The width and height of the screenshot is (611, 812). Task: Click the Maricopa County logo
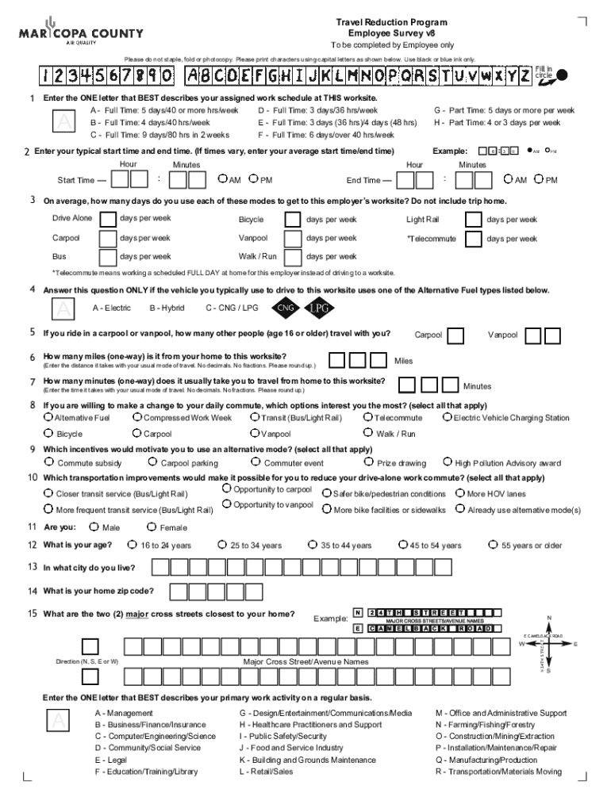click(x=81, y=33)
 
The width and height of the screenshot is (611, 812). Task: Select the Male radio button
click(x=94, y=527)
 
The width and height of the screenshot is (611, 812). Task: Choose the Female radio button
click(x=152, y=527)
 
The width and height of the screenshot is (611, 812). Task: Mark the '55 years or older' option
click(x=494, y=545)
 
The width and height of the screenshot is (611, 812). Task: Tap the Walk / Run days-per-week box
click(x=293, y=256)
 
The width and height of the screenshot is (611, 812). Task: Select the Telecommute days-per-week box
click(x=473, y=238)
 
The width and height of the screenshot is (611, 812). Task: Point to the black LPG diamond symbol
click(x=319, y=308)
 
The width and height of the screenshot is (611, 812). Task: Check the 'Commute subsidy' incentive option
click(x=49, y=462)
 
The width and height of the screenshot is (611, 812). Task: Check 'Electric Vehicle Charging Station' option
click(x=447, y=417)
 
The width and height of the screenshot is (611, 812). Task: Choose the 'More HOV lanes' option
click(x=459, y=493)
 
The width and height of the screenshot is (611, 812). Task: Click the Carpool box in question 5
click(x=455, y=335)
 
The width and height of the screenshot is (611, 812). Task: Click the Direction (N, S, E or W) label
click(x=87, y=661)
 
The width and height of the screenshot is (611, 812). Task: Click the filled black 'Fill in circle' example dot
click(x=562, y=75)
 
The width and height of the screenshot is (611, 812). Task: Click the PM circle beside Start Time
click(x=253, y=180)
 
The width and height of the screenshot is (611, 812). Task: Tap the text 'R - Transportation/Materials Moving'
click(x=498, y=772)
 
